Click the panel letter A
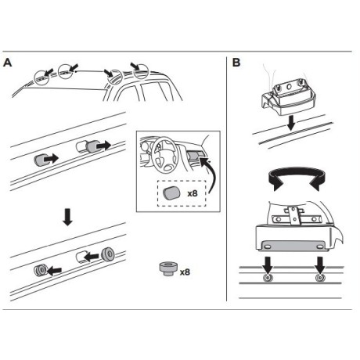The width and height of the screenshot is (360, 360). tap(9, 62)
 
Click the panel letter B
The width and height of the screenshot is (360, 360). tap(237, 62)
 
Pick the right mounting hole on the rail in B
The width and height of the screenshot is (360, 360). tap(319, 279)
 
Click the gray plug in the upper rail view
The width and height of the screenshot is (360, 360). tap(42, 160)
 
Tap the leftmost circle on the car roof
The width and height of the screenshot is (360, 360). tap(40, 77)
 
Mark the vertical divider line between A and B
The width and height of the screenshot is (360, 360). tap(226, 180)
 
